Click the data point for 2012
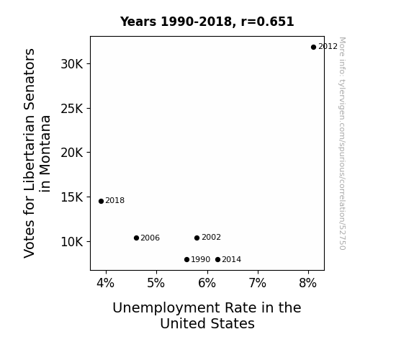pyautogui.click(x=313, y=47)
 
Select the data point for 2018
pyautogui.click(x=101, y=202)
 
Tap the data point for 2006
pyautogui.click(x=136, y=238)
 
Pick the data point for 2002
pyautogui.click(x=197, y=238)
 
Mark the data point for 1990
pyautogui.click(x=186, y=260)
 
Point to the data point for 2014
pyautogui.click(x=217, y=260)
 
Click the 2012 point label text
pyautogui.click(x=328, y=47)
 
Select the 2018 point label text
pyautogui.click(x=115, y=200)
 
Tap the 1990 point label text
pyautogui.click(x=201, y=259)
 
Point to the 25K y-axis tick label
pyautogui.click(x=72, y=109)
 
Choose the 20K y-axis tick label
pyautogui.click(x=72, y=153)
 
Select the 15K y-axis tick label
pyautogui.click(x=72, y=197)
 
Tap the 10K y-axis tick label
pyautogui.click(x=72, y=242)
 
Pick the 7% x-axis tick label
pyautogui.click(x=258, y=283)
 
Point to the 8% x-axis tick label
pyautogui.click(x=308, y=283)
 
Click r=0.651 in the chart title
pyautogui.click(x=267, y=22)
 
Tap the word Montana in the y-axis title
pyautogui.click(x=45, y=153)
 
